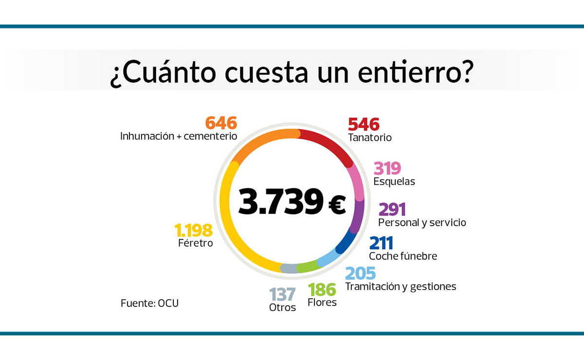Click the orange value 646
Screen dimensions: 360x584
(221, 123)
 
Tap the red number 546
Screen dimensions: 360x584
(364, 125)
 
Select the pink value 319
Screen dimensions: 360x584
(387, 168)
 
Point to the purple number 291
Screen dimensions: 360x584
(392, 209)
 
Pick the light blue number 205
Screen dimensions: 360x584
(360, 273)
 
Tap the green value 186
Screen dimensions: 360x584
(322, 290)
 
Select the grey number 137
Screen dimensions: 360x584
(282, 294)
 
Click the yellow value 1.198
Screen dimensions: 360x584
(193, 230)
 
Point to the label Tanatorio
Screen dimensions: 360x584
(370, 138)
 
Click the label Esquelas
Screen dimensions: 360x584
(394, 181)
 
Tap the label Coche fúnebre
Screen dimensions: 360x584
(403, 256)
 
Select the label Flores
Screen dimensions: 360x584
(322, 303)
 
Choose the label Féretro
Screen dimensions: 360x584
(195, 243)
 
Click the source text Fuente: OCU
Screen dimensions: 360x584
(149, 303)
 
